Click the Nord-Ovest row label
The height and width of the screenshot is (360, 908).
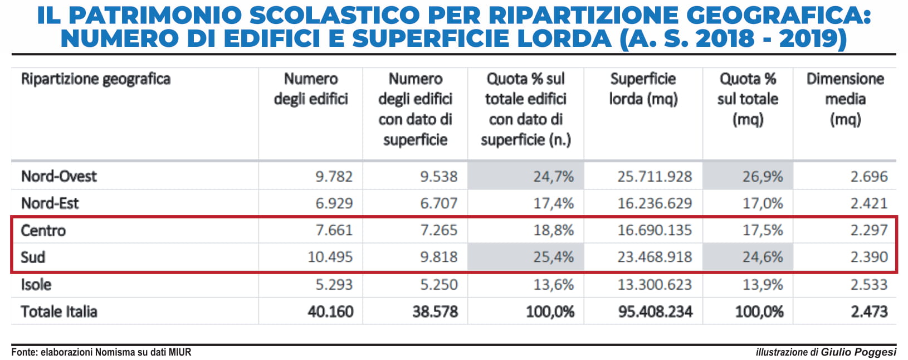coord(59,176)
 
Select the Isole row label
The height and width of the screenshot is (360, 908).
coord(36,285)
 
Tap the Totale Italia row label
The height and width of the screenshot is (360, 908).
coord(59,312)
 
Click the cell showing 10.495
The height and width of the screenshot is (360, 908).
coord(330,257)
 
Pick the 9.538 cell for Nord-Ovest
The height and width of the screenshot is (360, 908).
coord(439,176)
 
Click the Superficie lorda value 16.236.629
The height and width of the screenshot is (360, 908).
coord(655,203)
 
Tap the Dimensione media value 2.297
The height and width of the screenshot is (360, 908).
coord(869,230)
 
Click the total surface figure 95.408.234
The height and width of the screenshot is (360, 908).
coord(655,312)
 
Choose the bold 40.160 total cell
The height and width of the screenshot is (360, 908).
coord(330,312)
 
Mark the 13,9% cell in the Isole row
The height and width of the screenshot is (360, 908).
coord(763,285)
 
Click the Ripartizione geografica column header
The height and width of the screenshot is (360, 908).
coord(96,79)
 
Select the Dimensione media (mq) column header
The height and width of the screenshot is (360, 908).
coord(845,99)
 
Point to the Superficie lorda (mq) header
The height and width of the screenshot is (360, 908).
coord(643,89)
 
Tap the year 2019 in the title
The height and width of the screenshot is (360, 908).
coord(813,38)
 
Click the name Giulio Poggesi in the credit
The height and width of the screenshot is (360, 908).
coord(858,352)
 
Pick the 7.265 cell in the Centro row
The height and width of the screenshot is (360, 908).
coord(439,230)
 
